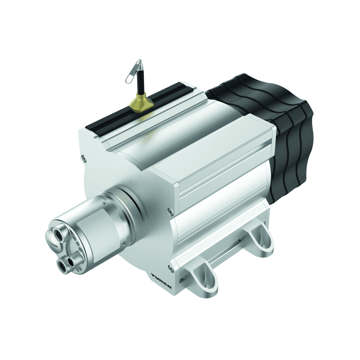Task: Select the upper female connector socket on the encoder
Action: click(x=57, y=233)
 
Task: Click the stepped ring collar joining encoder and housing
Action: click(x=121, y=201)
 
